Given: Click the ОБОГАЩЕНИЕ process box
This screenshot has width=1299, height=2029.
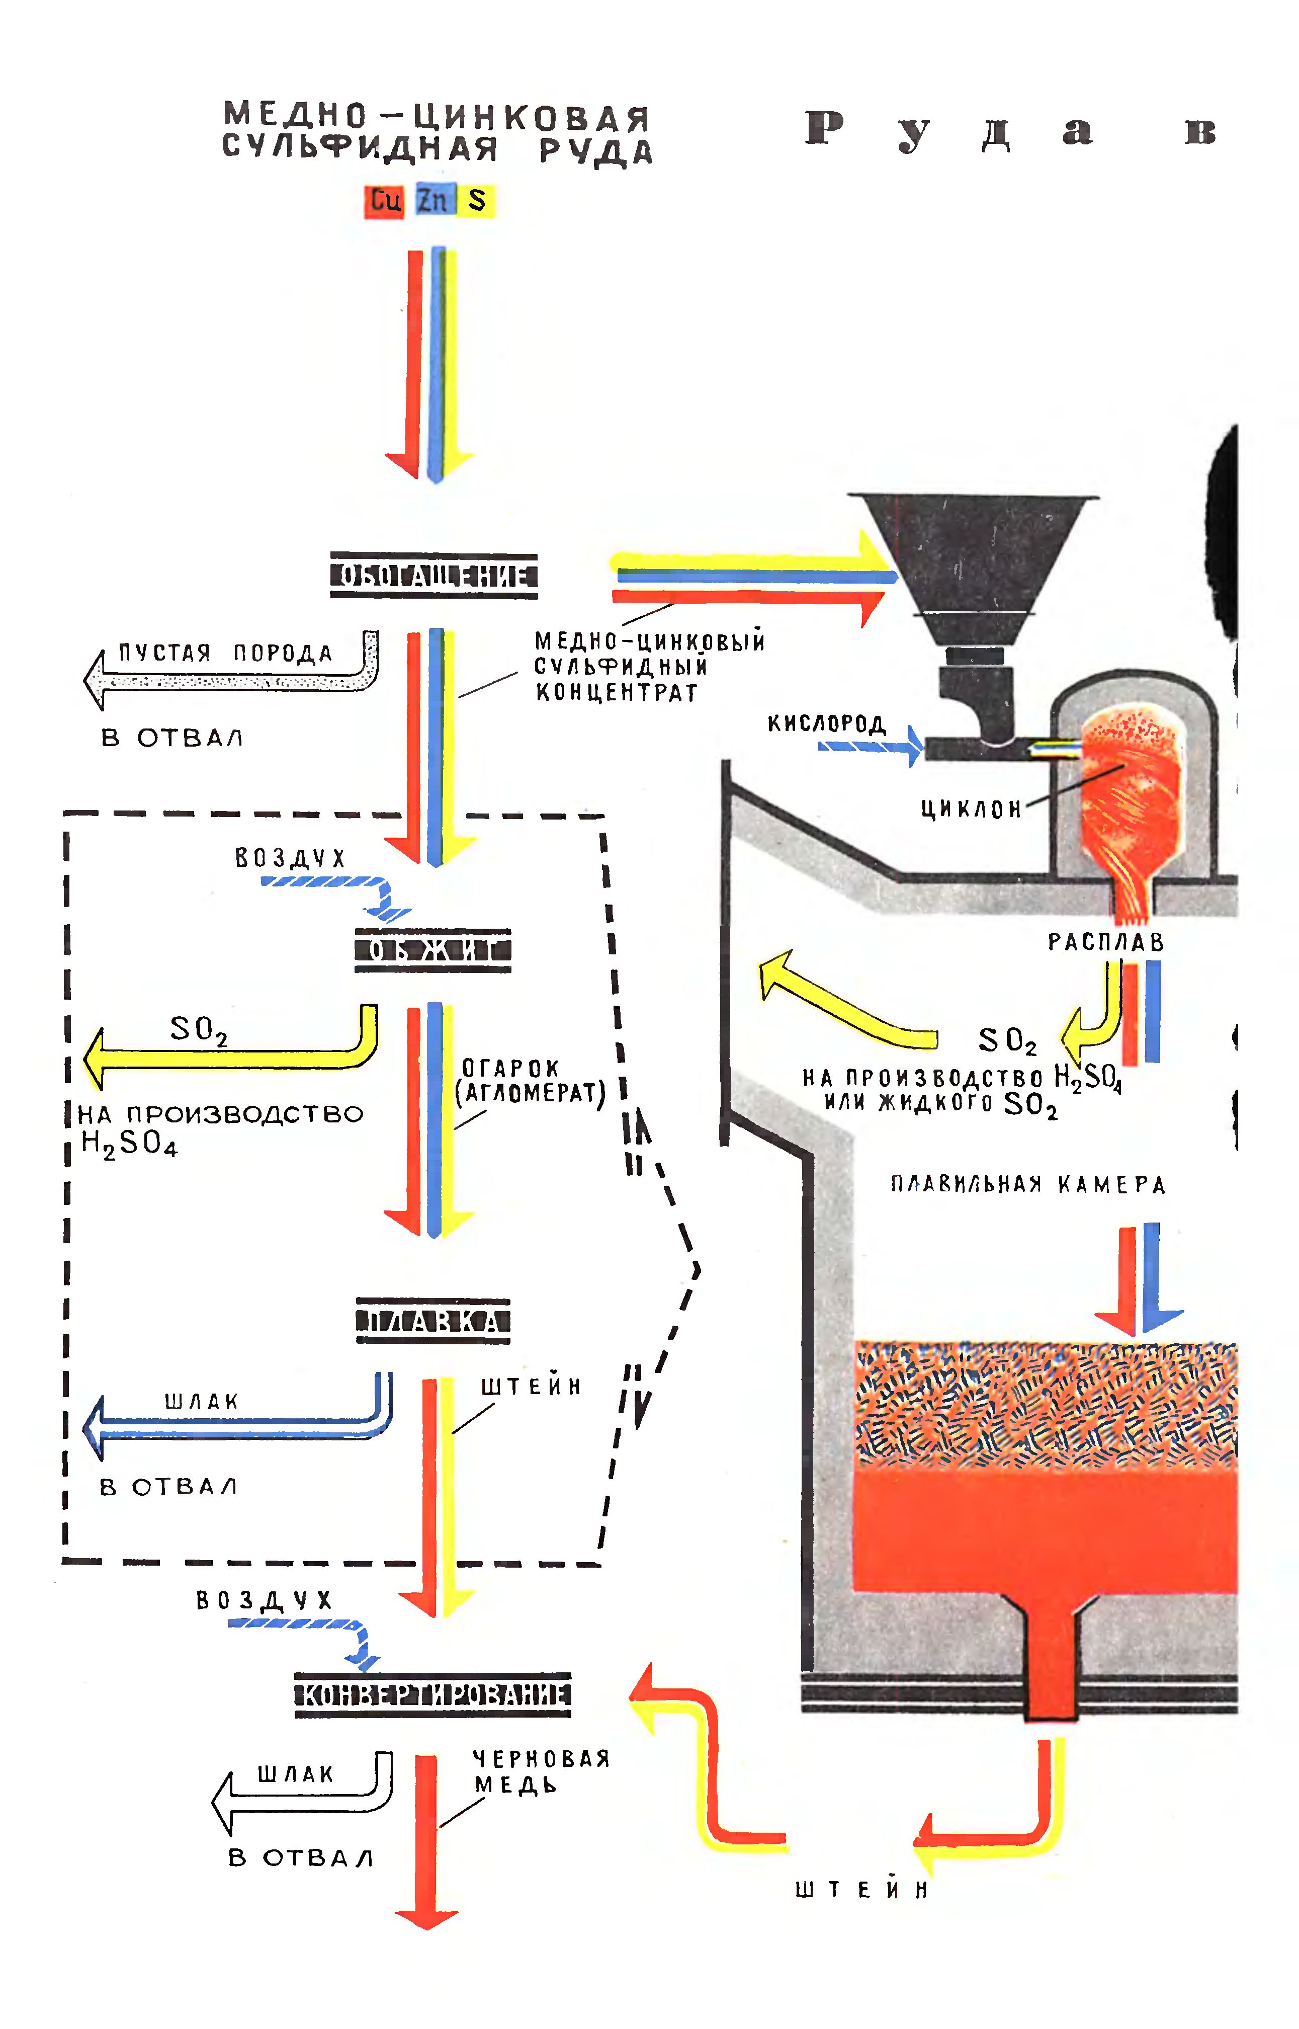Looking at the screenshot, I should tap(434, 576).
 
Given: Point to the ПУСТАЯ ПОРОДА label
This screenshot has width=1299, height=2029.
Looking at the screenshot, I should tap(225, 653).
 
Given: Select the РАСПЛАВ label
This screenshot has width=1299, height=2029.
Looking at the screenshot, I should tap(1105, 941).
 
